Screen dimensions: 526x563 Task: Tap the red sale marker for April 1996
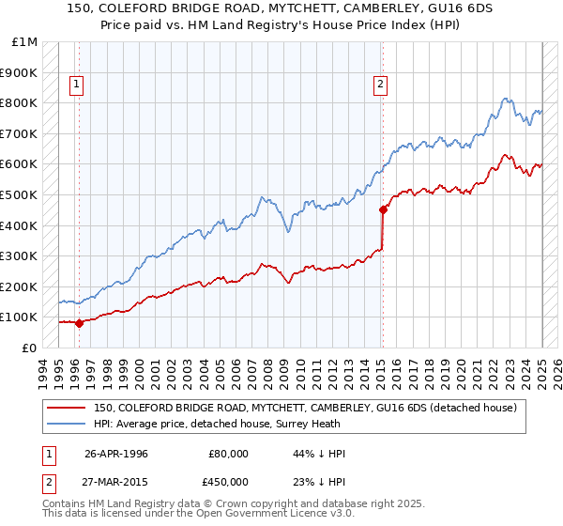click(x=79, y=323)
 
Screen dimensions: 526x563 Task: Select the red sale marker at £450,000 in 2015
click(x=383, y=209)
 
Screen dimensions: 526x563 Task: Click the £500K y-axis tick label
click(x=21, y=195)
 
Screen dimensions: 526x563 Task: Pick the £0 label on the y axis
click(x=29, y=348)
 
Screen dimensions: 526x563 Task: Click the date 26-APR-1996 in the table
click(x=116, y=454)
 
